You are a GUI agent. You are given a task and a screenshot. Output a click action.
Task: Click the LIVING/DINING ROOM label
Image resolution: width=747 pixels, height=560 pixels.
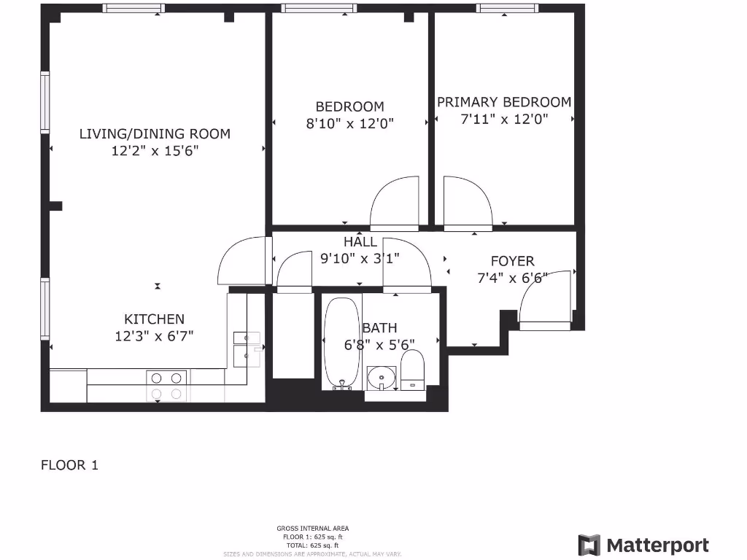click(155, 133)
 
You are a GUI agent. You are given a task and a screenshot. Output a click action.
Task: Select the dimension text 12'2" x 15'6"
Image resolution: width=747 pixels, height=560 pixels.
click(155, 151)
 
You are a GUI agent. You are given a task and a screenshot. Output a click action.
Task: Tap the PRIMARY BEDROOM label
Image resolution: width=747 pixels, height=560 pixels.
click(504, 102)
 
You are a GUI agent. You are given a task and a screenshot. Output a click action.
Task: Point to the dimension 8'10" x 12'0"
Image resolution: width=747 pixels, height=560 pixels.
click(349, 124)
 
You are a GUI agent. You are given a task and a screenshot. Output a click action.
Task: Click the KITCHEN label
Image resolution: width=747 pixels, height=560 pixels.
click(154, 319)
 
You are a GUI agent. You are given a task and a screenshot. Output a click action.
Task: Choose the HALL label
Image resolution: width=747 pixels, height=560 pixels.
click(360, 241)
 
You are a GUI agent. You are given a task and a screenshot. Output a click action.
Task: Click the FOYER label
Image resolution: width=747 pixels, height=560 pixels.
click(512, 260)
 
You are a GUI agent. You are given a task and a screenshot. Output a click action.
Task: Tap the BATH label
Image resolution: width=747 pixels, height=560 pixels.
click(379, 328)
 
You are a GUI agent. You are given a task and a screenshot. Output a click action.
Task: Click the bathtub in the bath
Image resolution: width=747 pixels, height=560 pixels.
click(341, 343)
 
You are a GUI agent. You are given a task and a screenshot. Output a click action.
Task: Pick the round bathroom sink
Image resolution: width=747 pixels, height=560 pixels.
click(381, 378)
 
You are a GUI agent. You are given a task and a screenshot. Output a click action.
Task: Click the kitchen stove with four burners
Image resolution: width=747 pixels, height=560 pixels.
click(167, 386)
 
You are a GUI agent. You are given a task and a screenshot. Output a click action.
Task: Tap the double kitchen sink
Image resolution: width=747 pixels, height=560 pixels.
click(246, 348)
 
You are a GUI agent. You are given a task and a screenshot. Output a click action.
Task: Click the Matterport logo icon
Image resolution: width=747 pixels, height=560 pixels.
click(589, 545)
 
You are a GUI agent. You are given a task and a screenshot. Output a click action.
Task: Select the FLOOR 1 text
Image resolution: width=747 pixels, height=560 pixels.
click(69, 464)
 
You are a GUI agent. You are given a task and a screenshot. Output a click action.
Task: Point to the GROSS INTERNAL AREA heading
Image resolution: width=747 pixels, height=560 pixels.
click(312, 528)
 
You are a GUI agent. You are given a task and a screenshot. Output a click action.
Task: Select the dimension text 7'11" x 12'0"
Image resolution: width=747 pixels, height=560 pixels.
click(504, 119)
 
